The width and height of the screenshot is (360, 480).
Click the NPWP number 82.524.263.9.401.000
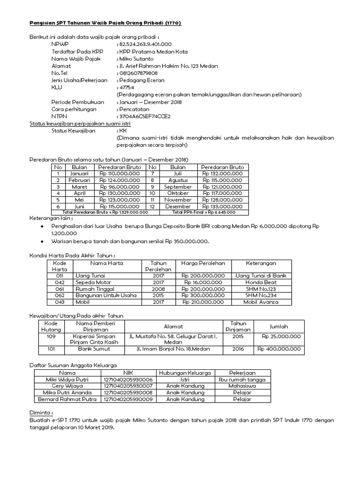click(x=146, y=44)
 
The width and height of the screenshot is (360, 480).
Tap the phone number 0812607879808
click(x=138, y=73)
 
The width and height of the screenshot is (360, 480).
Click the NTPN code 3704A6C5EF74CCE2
click(x=145, y=116)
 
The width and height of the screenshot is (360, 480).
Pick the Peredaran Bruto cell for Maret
click(x=120, y=187)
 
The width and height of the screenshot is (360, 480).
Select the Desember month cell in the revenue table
click(x=178, y=206)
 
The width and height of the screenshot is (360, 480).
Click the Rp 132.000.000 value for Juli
click(x=222, y=173)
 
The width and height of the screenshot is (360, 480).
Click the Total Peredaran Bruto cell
click(x=105, y=212)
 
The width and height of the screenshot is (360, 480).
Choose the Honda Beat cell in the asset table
click(x=261, y=283)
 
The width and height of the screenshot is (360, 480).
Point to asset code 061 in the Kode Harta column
click(x=60, y=289)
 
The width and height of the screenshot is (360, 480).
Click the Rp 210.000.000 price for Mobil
click(x=204, y=302)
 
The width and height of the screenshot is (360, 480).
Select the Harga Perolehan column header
click(x=204, y=263)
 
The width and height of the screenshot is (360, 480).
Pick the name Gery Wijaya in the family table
click(x=67, y=386)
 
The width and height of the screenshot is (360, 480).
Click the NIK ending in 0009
click(x=128, y=399)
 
